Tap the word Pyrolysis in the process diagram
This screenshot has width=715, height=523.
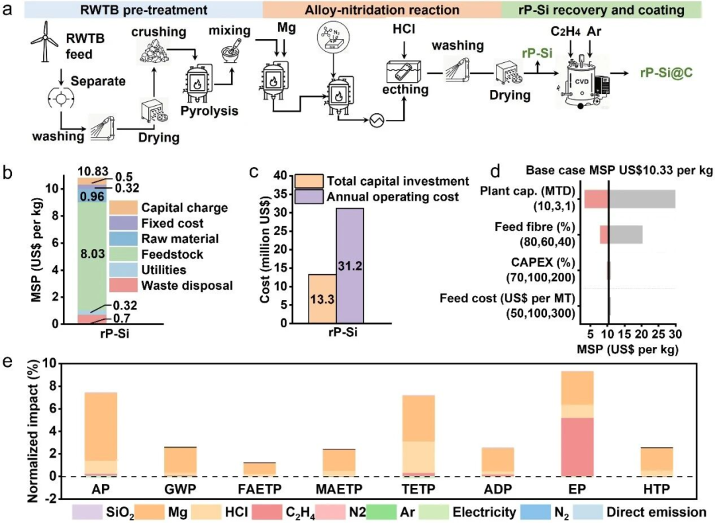tap(211, 111)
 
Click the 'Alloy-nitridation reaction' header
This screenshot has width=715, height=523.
tap(381, 10)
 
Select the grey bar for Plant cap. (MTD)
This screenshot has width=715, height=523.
tap(642, 199)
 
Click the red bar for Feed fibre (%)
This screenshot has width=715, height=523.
tap(604, 234)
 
